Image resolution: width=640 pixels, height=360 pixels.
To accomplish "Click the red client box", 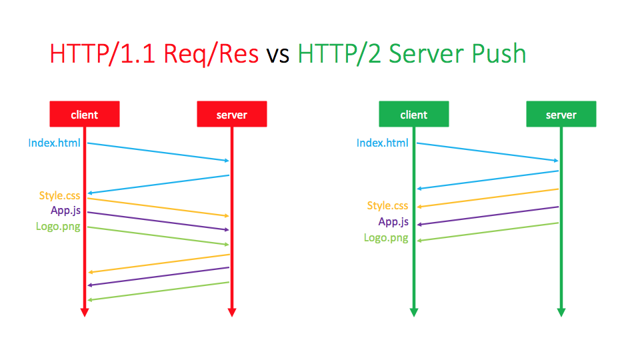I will tap(85, 114).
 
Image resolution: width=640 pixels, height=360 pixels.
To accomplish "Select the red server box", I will tap(231, 114).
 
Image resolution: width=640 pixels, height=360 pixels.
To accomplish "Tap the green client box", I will tap(413, 114).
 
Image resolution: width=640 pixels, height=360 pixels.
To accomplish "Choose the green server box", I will tap(561, 114).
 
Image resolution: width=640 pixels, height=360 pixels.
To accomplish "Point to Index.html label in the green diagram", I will tap(382, 143).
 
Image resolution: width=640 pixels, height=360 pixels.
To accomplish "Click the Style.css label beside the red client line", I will tap(59, 195).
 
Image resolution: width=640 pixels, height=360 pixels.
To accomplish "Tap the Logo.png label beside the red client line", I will tap(58, 226).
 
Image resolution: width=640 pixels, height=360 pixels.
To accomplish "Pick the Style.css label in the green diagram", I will tap(387, 205).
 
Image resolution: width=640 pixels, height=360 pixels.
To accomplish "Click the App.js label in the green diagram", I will tap(393, 221).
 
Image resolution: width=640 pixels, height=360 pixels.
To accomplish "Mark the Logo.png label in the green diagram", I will tap(386, 237).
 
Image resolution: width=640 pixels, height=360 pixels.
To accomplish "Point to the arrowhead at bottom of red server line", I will tap(232, 311).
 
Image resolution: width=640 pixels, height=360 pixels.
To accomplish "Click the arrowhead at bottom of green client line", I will tap(413, 311).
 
